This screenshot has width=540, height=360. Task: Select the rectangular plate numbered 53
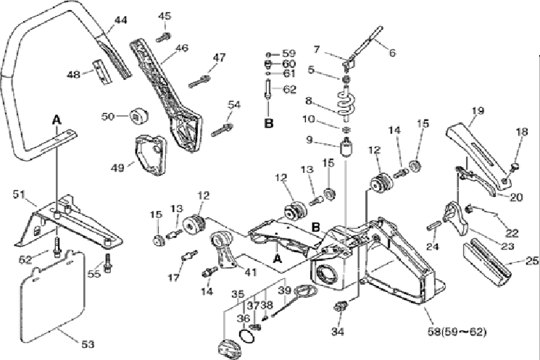52,293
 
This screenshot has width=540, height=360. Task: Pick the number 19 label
477,111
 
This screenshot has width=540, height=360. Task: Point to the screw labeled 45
165,31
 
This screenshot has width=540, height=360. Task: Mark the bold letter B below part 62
268,123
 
